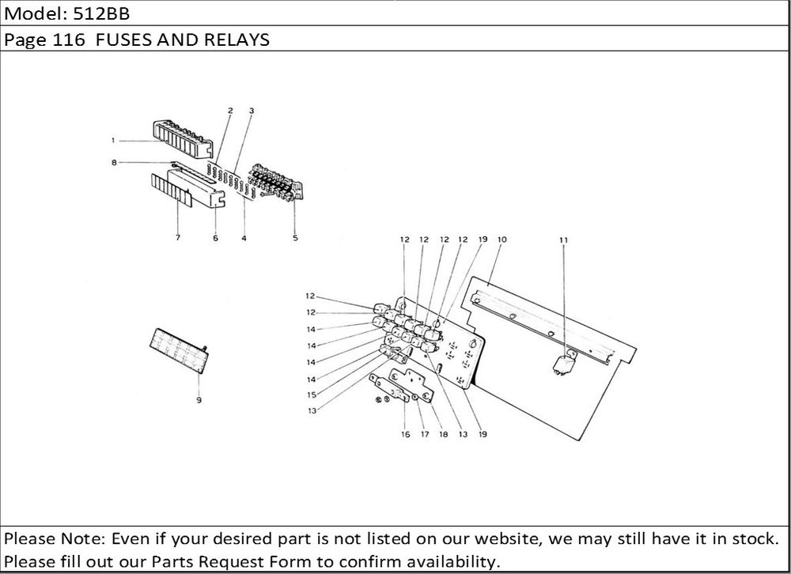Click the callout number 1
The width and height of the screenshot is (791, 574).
tap(113, 140)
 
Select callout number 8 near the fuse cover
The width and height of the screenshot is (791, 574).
tap(114, 162)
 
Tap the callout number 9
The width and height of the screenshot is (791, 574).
tap(199, 400)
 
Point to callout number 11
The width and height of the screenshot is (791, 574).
tap(563, 240)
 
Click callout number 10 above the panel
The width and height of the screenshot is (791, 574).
tap(501, 240)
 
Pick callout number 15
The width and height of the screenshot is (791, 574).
tap(312, 395)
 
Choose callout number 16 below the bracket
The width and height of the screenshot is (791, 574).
tap(406, 434)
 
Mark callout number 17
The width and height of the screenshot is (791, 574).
tap(425, 434)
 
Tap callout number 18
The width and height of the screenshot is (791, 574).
tap(444, 434)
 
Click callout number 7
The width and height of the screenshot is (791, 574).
tap(177, 237)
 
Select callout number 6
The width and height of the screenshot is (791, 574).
tap(215, 238)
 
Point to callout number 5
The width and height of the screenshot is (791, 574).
tap(295, 238)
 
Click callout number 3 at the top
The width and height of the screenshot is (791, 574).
tap(252, 111)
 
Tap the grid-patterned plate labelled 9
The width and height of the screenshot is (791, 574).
tap(180, 350)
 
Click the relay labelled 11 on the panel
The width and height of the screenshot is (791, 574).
tap(565, 363)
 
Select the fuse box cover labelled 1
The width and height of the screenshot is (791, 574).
tap(183, 138)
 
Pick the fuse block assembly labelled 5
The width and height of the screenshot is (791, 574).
tap(276, 183)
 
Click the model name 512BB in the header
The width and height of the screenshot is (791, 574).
tap(102, 13)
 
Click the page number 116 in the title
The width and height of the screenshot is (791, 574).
tap(69, 40)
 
